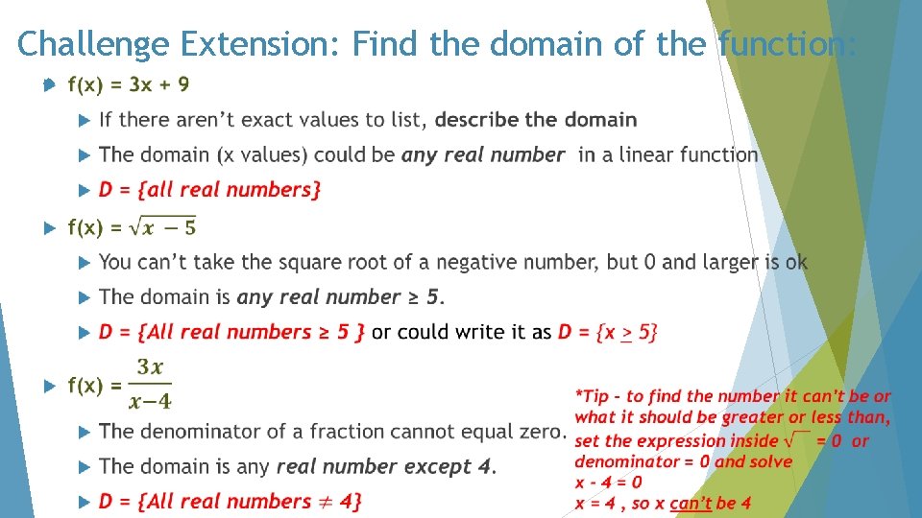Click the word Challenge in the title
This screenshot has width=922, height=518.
tap(92, 43)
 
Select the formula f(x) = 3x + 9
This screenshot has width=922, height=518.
tap(128, 84)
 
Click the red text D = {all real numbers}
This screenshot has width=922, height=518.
tap(209, 190)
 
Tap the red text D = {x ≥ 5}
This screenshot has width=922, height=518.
tap(608, 332)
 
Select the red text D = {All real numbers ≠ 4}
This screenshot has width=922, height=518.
tap(230, 501)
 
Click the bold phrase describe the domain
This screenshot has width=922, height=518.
tap(536, 120)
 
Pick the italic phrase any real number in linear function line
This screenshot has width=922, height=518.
tap(483, 154)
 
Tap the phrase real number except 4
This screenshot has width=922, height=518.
tap(385, 467)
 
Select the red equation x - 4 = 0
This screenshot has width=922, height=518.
tap(609, 482)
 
